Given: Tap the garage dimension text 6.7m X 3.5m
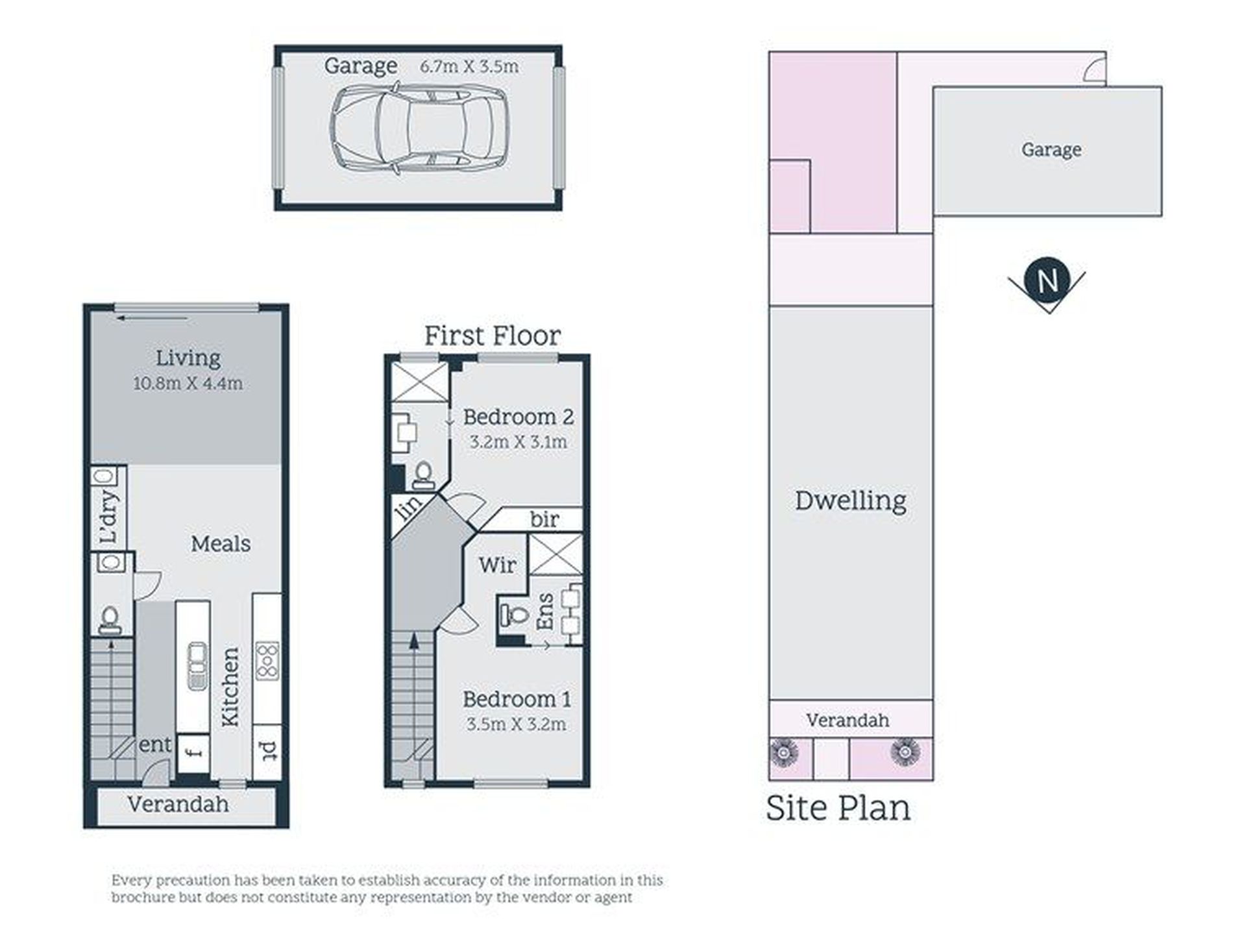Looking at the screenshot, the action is pos(469,66).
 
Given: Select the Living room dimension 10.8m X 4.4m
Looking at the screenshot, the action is pos(188,383).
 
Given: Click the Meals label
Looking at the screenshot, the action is pos(221,543).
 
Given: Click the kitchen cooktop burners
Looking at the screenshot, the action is pos(267,660).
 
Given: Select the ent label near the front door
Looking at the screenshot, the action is pos(155,745).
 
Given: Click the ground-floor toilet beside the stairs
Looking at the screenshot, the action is pos(110,620).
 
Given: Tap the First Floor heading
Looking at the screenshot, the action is pos(493,336).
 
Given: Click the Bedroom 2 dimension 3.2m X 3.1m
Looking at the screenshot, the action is pos(518,442).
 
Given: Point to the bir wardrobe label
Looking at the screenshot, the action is pos(544,519).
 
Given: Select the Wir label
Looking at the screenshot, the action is pos(498,565).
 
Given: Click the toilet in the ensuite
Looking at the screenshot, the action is pos(513,613).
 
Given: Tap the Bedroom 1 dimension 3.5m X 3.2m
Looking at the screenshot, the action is pos(517,724).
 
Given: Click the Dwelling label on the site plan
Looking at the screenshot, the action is pos(850,501).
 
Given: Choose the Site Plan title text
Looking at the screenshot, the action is pos(838,808).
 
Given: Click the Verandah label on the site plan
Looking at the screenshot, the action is pos(848,720).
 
